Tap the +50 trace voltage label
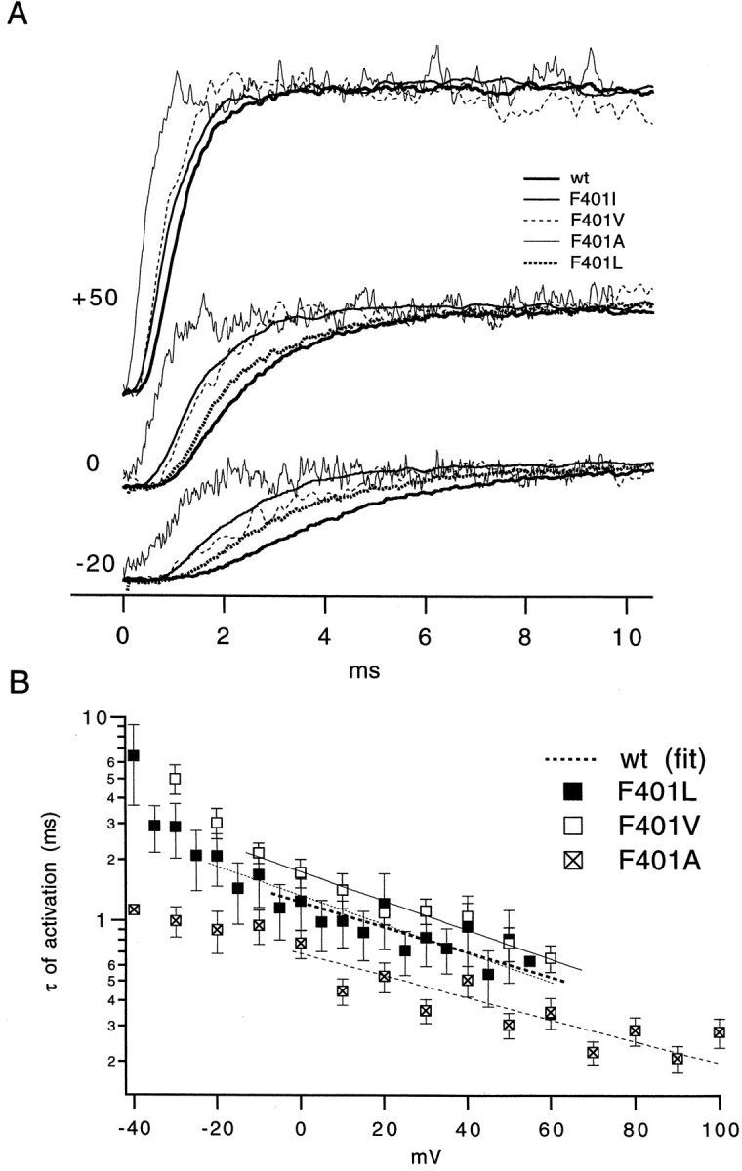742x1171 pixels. tap(94, 298)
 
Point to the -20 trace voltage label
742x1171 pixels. tap(94, 564)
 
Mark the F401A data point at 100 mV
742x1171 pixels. tap(720, 1032)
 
